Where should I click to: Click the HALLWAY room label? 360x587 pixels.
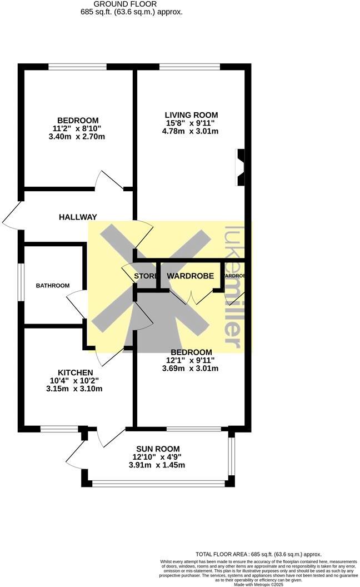click(78, 217)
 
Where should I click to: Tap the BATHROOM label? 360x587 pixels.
click(53, 286)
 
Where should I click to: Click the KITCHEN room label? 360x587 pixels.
click(76, 372)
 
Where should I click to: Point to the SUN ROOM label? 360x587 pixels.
click(158, 449)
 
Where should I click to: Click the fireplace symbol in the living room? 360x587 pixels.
click(241, 167)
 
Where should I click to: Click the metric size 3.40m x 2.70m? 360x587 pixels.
click(78, 137)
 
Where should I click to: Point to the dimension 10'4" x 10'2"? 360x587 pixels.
click(76, 381)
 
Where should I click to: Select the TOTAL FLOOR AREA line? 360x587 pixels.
click(258, 554)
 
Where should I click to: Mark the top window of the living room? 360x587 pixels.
click(189, 67)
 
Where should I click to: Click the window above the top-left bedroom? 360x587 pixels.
click(77, 67)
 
